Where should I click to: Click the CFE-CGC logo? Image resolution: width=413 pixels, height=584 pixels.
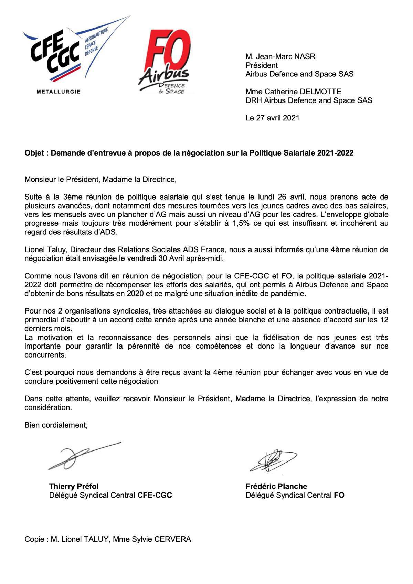point(65,55)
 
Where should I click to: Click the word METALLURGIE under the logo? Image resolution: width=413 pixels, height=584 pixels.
point(59,92)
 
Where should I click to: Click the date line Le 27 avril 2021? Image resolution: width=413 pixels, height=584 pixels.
point(272,118)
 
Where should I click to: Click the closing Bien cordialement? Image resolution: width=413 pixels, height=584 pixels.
point(56,425)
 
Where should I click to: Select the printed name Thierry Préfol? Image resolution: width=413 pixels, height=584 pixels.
point(74,486)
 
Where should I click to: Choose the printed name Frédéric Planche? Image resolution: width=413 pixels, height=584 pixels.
point(276,486)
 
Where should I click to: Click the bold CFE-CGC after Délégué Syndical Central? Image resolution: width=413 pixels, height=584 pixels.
point(155,495)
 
